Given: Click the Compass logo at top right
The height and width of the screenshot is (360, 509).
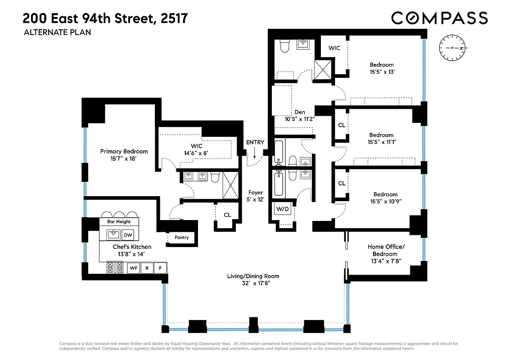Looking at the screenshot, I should pyautogui.click(x=439, y=18).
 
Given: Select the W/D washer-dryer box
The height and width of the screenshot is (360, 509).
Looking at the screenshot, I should pyautogui.click(x=282, y=209).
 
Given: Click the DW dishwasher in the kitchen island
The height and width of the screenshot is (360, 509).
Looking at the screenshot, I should pyautogui.click(x=128, y=234).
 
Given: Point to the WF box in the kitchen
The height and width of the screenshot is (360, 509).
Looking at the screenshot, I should pyautogui.click(x=134, y=268).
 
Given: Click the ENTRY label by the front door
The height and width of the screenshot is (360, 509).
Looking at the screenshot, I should pyautogui.click(x=255, y=142).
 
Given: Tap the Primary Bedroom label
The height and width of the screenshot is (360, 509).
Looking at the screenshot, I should pyautogui.click(x=124, y=152).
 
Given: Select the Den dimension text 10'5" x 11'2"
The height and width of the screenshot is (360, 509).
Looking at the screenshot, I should pyautogui.click(x=299, y=119).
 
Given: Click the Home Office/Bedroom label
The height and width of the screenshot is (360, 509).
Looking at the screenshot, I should pyautogui.click(x=386, y=250).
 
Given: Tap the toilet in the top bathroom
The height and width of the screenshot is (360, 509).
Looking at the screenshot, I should pyautogui.click(x=285, y=45).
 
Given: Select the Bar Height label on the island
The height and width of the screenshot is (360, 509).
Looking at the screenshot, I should pyautogui.click(x=119, y=221).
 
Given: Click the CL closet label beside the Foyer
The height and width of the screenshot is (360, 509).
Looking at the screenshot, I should pyautogui.click(x=227, y=215).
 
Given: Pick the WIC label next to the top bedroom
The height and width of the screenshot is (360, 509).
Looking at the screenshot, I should pyautogui.click(x=334, y=48).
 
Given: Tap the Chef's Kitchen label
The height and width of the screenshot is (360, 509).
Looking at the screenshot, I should pyautogui.click(x=132, y=247).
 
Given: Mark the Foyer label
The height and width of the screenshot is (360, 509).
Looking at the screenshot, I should pyautogui.click(x=255, y=193).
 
